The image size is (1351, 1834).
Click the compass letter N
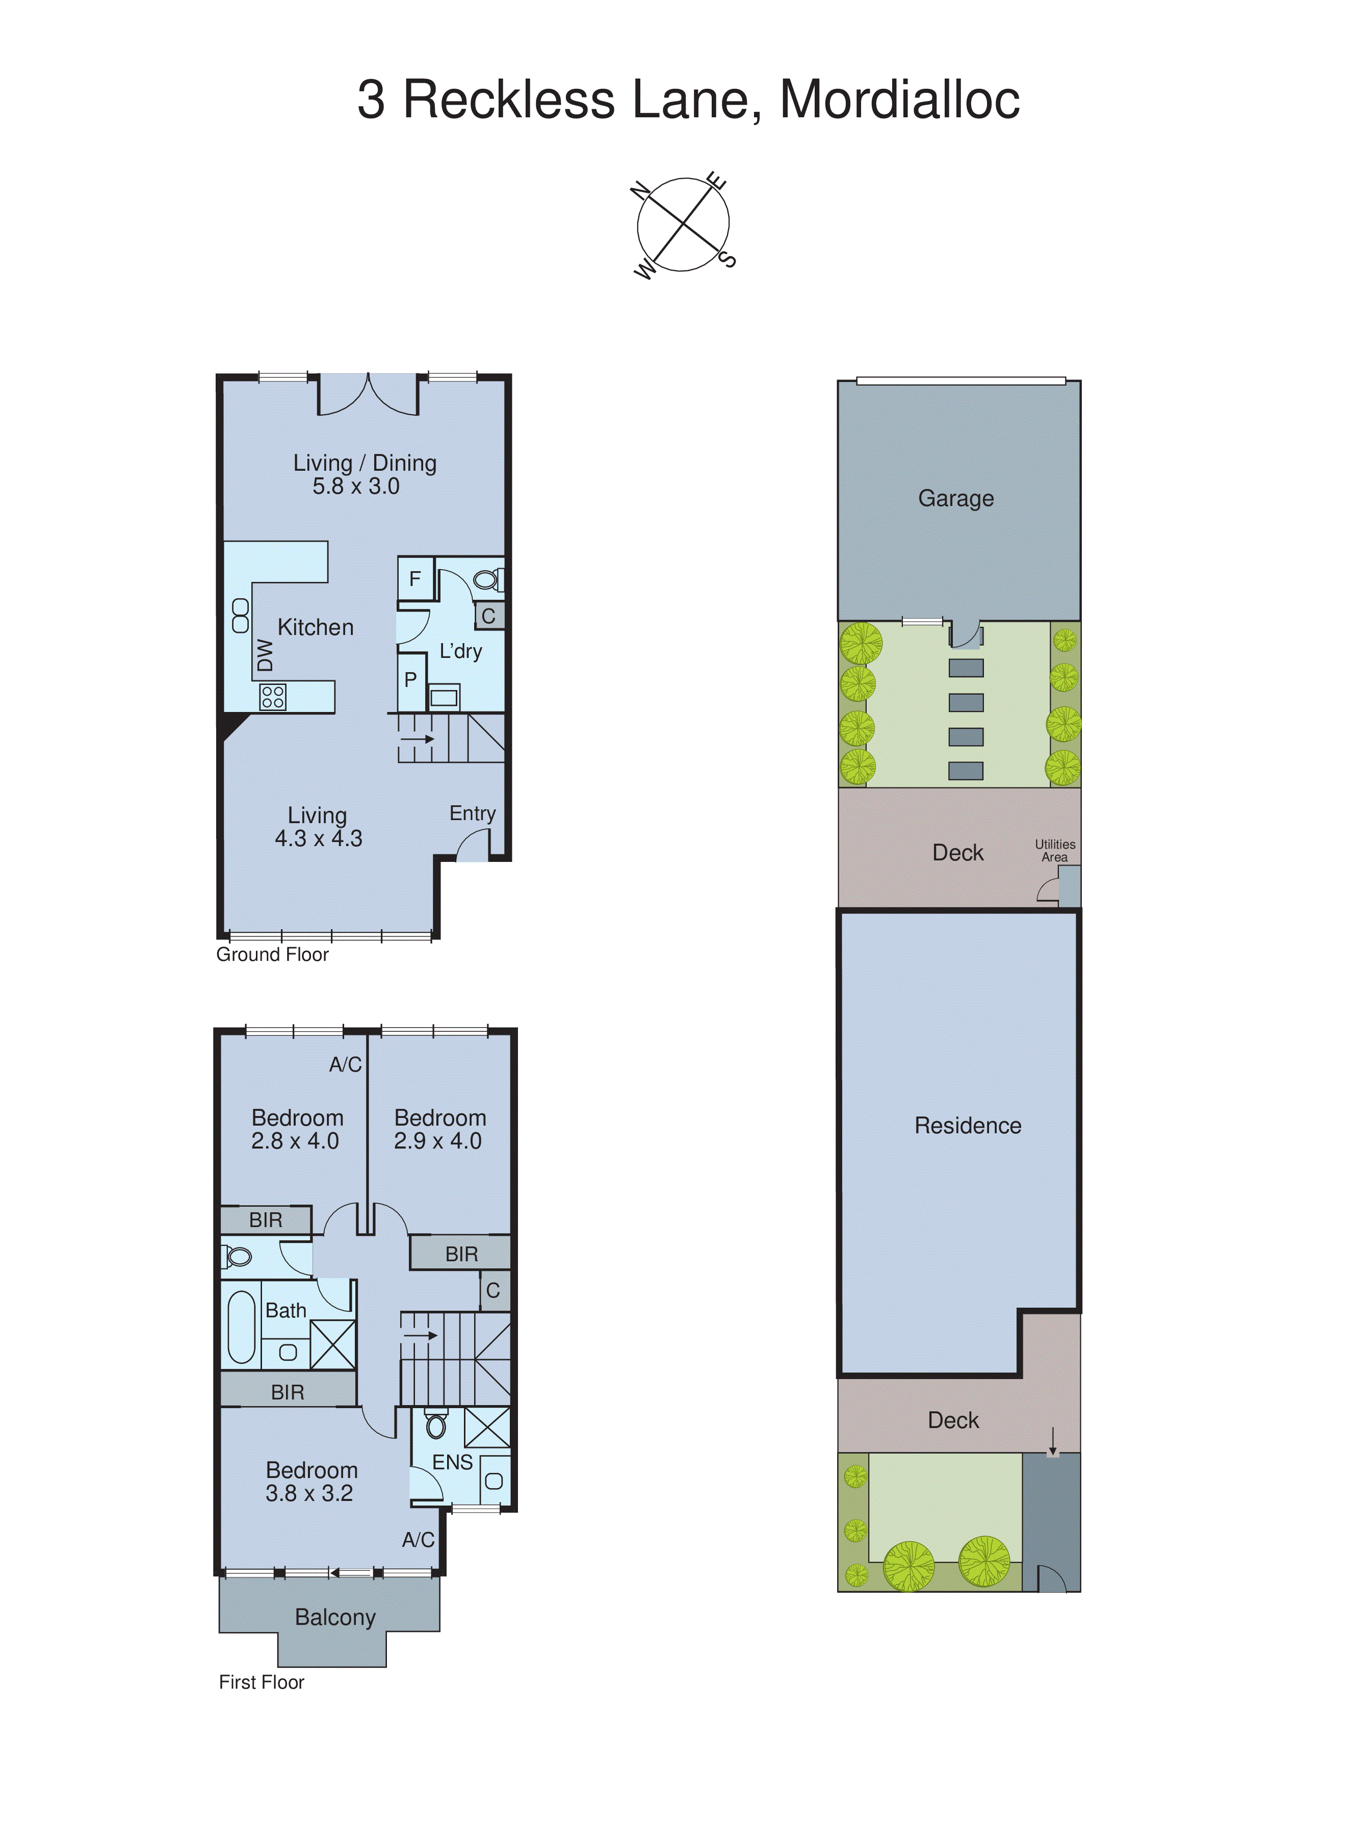(x=640, y=191)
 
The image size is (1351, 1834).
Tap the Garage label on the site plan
(x=955, y=498)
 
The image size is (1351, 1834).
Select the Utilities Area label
(x=1054, y=850)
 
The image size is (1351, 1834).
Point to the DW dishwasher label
(x=264, y=654)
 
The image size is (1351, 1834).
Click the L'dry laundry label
(x=460, y=651)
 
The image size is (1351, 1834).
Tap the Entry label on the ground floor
(x=472, y=813)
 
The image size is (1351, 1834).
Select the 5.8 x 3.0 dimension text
(x=356, y=487)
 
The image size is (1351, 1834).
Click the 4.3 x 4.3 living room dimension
(x=318, y=838)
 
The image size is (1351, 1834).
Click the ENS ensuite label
(x=452, y=1462)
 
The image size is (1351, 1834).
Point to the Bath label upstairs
(x=285, y=1310)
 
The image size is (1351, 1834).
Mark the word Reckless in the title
(x=509, y=100)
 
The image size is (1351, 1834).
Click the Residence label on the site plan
(x=968, y=1126)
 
